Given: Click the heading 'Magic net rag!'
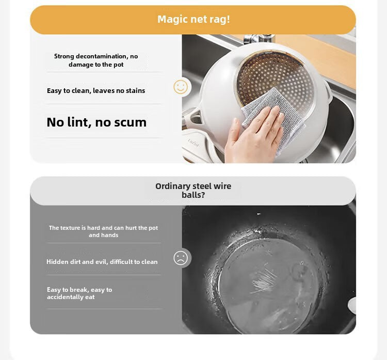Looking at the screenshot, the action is pyautogui.click(x=193, y=20).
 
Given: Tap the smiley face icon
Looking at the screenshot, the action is pyautogui.click(x=181, y=87).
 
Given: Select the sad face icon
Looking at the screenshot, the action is pyautogui.click(x=181, y=258).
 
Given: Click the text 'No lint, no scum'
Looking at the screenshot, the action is pyautogui.click(x=96, y=122).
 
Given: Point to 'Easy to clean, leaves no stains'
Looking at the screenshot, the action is pyautogui.click(x=96, y=91).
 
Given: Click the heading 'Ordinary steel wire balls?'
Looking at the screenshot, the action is pyautogui.click(x=193, y=191).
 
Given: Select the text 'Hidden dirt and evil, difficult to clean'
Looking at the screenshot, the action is pyautogui.click(x=102, y=262).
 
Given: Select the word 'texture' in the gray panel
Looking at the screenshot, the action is pyautogui.click(x=68, y=228).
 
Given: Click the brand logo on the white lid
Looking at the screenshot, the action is pyautogui.click(x=193, y=143).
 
